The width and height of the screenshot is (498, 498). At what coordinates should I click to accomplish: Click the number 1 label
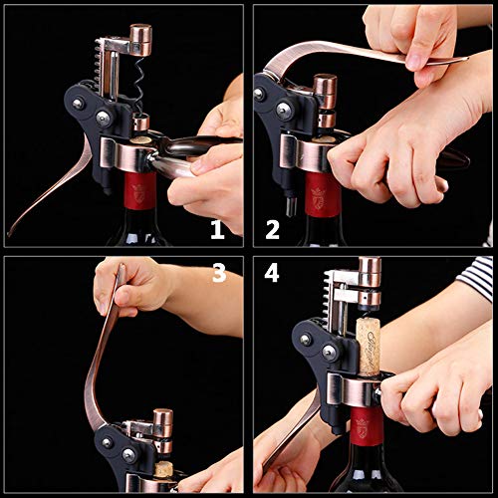(216, 231)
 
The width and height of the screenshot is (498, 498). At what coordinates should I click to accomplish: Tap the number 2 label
(272, 231)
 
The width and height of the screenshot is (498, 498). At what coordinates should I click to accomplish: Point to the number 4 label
(272, 273)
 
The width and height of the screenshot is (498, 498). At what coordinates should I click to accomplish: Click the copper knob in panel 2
(325, 89)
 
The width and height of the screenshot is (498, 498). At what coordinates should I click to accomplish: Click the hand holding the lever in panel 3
(130, 288)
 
